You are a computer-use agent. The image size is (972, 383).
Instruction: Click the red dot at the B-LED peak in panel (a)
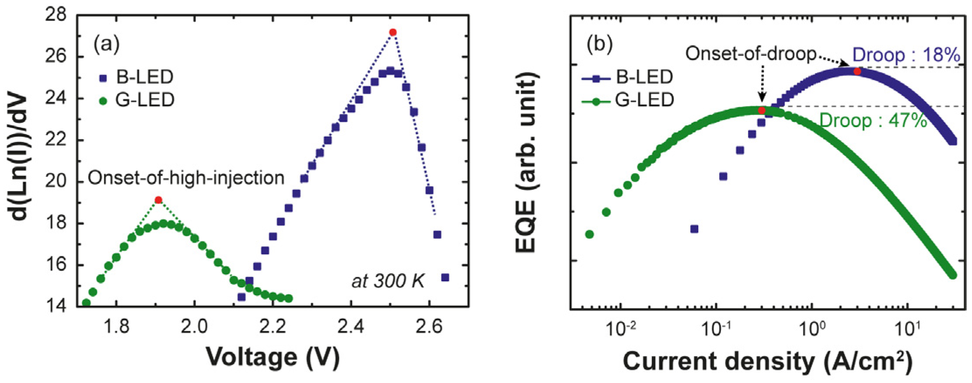coord(393,32)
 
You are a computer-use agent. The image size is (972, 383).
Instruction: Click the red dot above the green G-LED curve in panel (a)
coord(159,200)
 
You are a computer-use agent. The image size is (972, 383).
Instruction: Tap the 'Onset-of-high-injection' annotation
coord(186,178)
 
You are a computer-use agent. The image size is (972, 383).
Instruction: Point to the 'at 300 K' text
coord(388,281)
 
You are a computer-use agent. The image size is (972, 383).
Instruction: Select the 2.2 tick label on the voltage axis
coord(272,326)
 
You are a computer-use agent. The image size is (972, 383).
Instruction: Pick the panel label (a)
coord(106,44)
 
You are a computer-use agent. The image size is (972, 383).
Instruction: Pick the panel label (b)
coord(600,44)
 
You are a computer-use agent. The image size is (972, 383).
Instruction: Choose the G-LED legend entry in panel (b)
coord(628,100)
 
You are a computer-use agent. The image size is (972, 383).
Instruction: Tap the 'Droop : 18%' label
coord(906,55)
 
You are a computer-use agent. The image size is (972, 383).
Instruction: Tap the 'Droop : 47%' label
coord(873,121)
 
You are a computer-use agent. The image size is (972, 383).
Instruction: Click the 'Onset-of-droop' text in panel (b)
coord(751,54)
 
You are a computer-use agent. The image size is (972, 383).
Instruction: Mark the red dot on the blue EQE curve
coord(857,71)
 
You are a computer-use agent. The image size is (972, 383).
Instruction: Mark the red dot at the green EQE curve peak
coord(762,111)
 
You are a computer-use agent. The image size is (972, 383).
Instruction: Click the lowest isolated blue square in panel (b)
coord(694,229)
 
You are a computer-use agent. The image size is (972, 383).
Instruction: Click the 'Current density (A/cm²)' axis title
coord(768,362)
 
